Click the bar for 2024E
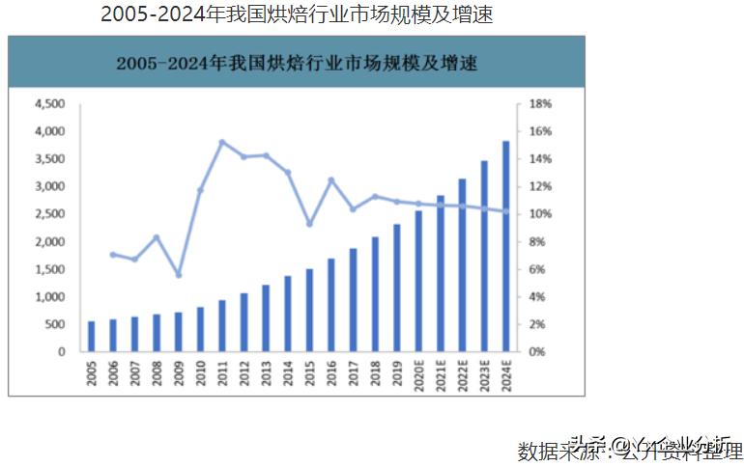point(505,246)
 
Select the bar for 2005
point(92,337)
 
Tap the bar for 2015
point(309,311)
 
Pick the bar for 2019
point(396,288)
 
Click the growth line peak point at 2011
point(222,142)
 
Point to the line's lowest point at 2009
point(179,275)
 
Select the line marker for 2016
point(331,180)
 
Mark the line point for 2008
point(157,237)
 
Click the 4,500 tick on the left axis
point(48,103)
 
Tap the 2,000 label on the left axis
point(48,241)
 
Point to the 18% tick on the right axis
point(538,103)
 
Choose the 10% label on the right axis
point(538,213)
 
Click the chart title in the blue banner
point(297,65)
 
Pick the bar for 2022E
point(462,265)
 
